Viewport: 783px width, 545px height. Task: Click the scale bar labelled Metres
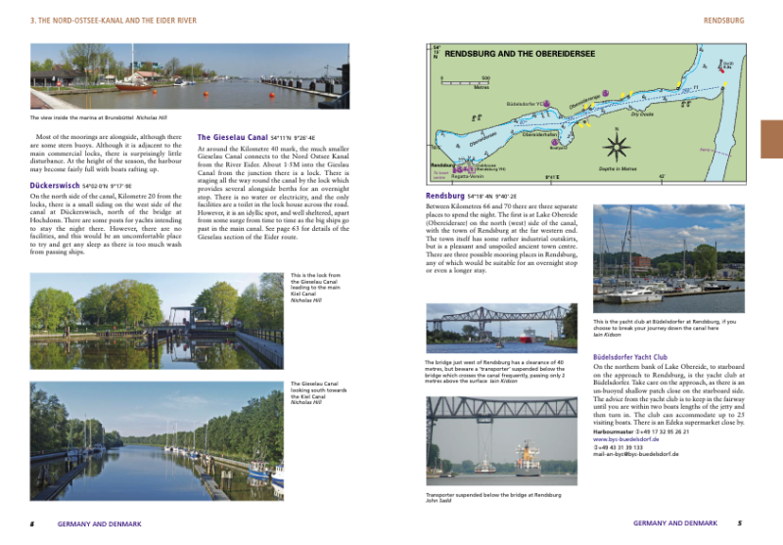click(x=466, y=83)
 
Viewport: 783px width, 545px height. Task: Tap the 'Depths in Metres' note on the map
click(x=619, y=168)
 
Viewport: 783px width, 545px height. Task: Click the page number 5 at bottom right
click(x=740, y=523)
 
